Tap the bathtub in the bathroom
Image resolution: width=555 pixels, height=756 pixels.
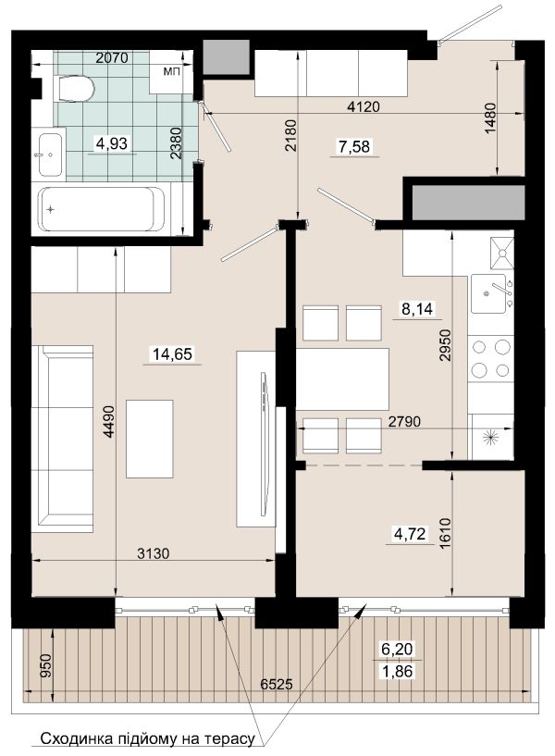[x=101, y=209]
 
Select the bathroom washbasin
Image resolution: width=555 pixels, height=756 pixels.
[x=51, y=155]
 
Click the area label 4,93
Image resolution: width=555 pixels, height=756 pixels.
[x=112, y=143]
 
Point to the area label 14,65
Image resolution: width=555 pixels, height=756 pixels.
[x=172, y=354]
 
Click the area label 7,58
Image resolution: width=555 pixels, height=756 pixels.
[x=354, y=146]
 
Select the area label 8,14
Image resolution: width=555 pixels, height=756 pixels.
[x=417, y=308]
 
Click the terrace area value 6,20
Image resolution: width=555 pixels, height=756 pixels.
[x=397, y=649]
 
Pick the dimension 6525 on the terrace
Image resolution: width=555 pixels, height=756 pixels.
[x=276, y=684]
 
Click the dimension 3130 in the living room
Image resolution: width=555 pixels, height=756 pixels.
[x=154, y=553]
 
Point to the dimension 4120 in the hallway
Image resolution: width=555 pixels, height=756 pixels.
[x=364, y=106]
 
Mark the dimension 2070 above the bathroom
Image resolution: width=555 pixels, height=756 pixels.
[x=112, y=58]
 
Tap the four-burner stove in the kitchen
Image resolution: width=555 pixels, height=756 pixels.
[x=490, y=358]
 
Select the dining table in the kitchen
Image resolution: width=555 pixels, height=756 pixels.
[x=342, y=379]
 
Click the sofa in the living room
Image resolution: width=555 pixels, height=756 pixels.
[x=62, y=439]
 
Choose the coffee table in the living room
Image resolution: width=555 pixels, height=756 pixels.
[x=149, y=439]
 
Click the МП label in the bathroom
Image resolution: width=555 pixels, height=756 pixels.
[x=171, y=72]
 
